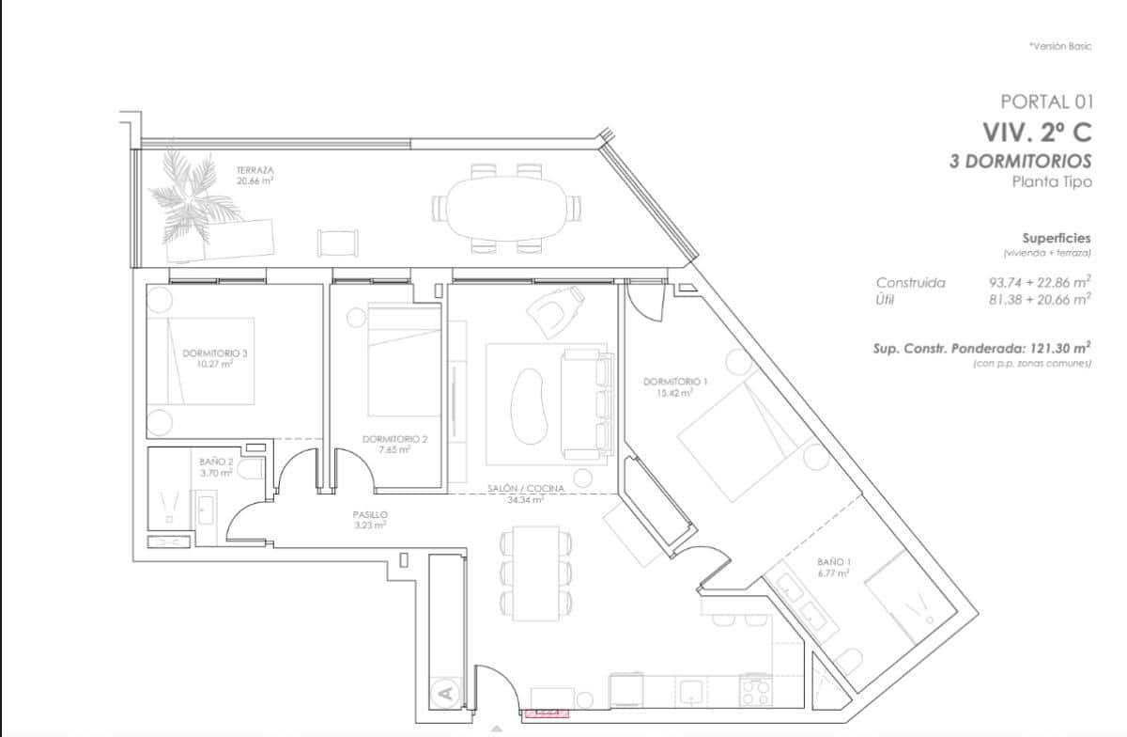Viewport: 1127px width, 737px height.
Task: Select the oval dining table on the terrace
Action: click(x=506, y=208)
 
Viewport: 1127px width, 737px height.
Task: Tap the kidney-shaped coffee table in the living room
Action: click(x=530, y=404)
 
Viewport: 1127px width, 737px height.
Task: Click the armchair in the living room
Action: click(x=557, y=309)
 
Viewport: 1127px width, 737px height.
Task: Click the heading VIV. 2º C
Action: click(x=1037, y=132)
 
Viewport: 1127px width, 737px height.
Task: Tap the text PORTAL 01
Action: click(x=1046, y=102)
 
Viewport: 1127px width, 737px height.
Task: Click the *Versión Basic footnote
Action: click(x=1059, y=46)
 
